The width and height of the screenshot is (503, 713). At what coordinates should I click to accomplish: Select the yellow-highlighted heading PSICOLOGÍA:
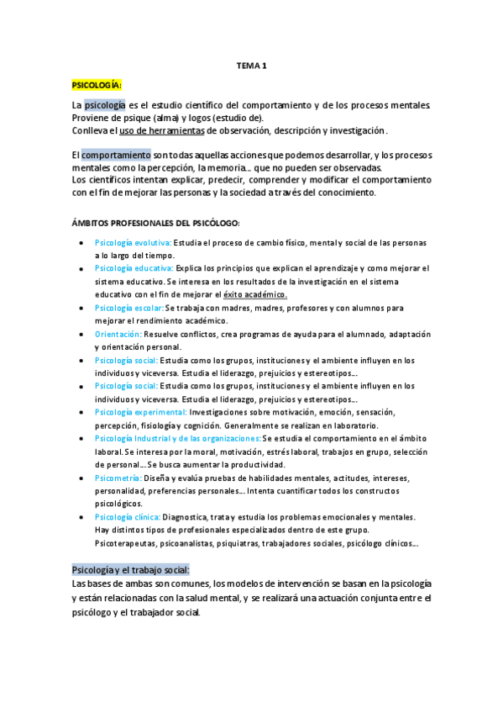pyautogui.click(x=97, y=85)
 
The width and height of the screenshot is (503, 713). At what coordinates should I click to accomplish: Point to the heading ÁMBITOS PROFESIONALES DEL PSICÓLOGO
pyautogui.click(x=155, y=223)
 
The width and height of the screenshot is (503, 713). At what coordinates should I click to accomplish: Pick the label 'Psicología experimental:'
pyautogui.click(x=140, y=413)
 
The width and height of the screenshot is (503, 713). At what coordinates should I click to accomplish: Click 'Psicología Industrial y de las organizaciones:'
pyautogui.click(x=177, y=439)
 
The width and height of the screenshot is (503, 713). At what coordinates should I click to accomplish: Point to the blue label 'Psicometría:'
pyautogui.click(x=118, y=478)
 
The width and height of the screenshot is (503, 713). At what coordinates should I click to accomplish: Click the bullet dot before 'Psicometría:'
pyautogui.click(x=81, y=478)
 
